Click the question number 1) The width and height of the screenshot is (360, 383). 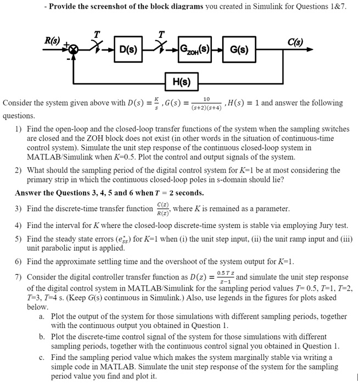coord(19,130)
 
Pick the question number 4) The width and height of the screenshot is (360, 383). coord(19,225)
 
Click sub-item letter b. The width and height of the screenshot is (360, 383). coord(42,336)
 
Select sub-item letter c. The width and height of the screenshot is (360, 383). coord(42,357)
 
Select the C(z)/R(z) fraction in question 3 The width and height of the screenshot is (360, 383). coord(162,209)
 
